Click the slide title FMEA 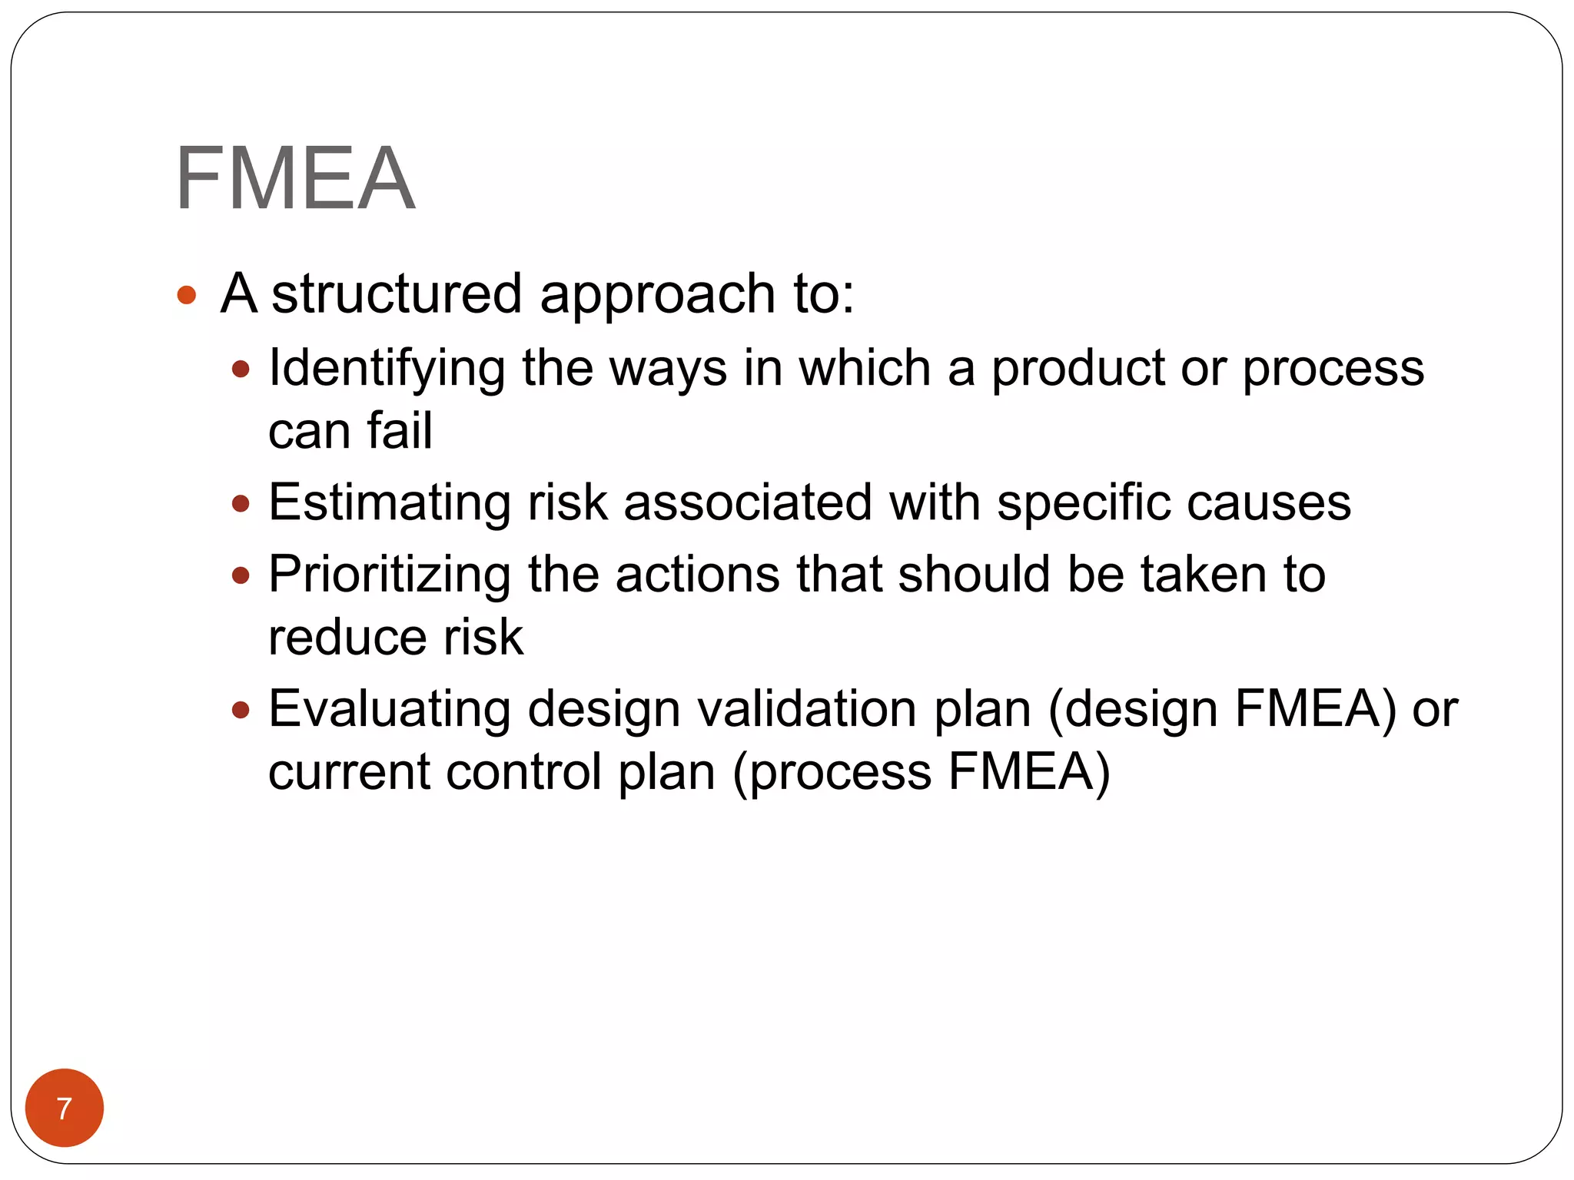click(x=295, y=179)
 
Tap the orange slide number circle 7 click(x=65, y=1108)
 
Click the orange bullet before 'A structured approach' click(x=187, y=295)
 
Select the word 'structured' click(x=397, y=294)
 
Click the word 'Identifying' click(x=387, y=370)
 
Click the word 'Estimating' click(x=390, y=503)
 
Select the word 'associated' click(x=747, y=503)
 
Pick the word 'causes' click(x=1268, y=503)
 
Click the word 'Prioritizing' click(x=390, y=575)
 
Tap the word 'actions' click(x=697, y=575)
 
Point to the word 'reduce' click(x=344, y=638)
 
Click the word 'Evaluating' click(x=390, y=709)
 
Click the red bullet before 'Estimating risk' click(x=241, y=505)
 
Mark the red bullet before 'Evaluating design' click(x=241, y=711)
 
